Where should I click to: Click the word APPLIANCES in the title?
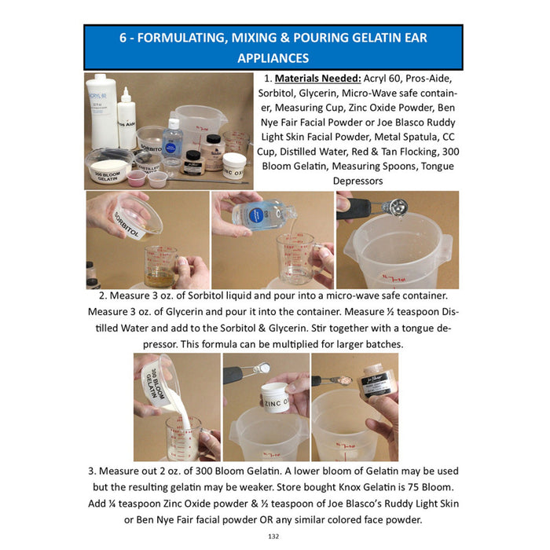273,58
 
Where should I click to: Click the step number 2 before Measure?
102,296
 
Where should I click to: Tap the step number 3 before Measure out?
93,471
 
